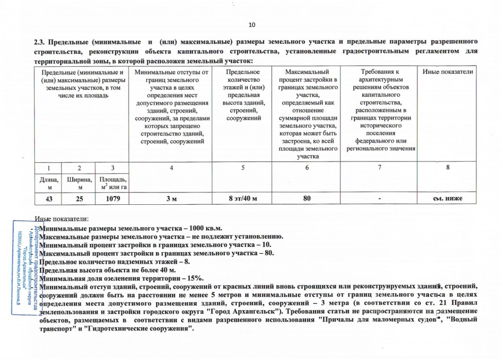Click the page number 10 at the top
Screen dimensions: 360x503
coord(252,25)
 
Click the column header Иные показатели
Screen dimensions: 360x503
coord(448,72)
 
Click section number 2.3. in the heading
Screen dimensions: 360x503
coord(41,42)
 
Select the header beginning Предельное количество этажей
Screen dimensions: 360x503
coord(243,95)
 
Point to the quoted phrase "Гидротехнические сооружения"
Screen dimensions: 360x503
coord(149,328)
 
